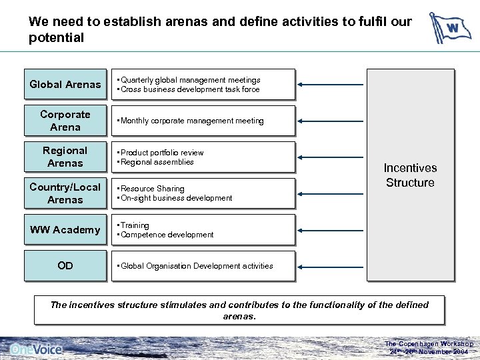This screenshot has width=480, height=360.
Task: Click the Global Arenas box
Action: coord(65,85)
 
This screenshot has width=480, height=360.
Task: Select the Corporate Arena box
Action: coord(65,121)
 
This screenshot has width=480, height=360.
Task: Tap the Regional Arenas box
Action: coord(65,157)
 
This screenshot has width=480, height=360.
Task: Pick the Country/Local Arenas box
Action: coord(65,193)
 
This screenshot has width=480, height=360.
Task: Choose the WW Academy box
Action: coord(65,230)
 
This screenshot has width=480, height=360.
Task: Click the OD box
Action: coord(65,266)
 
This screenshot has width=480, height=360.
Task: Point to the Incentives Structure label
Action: coord(410,175)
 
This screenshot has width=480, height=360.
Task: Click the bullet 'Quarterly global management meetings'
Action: coord(190,80)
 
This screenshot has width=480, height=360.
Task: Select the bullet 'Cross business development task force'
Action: coord(190,89)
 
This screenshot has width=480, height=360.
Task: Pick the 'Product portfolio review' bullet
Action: coord(162,153)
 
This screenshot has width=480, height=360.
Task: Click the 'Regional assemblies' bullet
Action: coord(157,162)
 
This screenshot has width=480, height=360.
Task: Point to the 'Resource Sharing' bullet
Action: coord(153,189)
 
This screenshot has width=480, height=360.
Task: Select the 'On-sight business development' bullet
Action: coord(176,198)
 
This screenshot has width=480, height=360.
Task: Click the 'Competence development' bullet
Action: coord(167,235)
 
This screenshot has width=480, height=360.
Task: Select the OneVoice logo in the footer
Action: coord(37,349)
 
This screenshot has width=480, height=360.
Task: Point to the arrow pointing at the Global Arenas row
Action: coord(331,85)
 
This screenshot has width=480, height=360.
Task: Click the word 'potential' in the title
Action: coord(57,38)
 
